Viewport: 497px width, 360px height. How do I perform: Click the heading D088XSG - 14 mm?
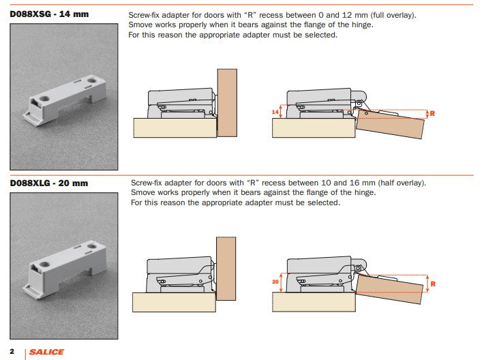coord(49,14)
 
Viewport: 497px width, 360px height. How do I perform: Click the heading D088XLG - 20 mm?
coord(49,183)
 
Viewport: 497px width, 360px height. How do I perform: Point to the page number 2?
coord(12,351)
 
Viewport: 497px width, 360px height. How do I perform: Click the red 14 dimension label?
coord(276,110)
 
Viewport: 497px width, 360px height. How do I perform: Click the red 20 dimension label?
coord(275,280)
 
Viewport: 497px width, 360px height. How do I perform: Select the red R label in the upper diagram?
coord(432,113)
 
